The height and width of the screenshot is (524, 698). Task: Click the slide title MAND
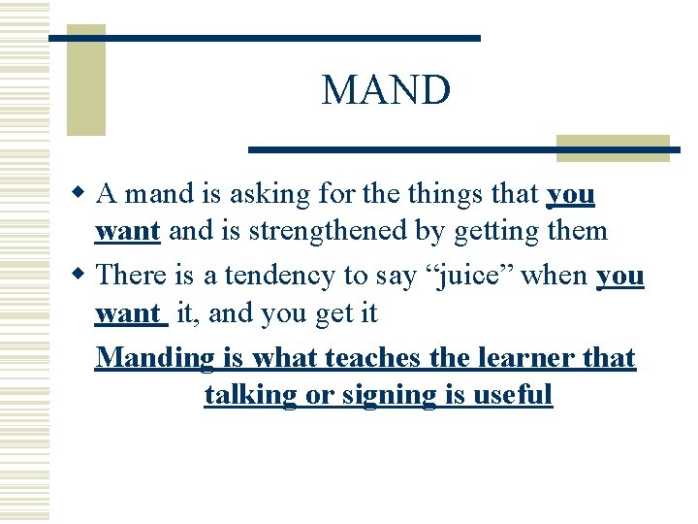click(x=386, y=91)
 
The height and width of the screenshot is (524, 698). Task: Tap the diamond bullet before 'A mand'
click(x=83, y=194)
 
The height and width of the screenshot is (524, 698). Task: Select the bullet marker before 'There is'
click(x=83, y=276)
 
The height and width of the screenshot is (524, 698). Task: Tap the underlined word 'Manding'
click(x=156, y=358)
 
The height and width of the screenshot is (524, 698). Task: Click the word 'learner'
click(x=523, y=358)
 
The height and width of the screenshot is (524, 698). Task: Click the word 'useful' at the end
click(x=513, y=395)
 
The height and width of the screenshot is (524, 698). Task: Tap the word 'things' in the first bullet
click(x=431, y=195)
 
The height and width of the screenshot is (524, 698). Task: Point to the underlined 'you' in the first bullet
click(x=571, y=195)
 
